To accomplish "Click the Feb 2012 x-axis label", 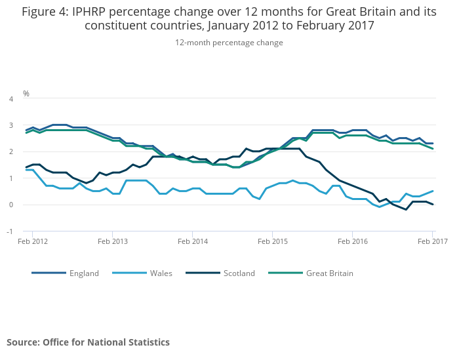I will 32,242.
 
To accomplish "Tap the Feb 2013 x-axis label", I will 112,242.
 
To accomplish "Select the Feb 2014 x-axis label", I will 192,242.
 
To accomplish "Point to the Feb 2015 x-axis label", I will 272,242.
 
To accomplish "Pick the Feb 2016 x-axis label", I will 352,242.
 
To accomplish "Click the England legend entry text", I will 85,273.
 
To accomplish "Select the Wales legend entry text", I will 161,273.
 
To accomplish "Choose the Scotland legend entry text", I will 238,273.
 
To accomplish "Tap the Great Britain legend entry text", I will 330,273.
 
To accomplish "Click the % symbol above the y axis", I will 26,94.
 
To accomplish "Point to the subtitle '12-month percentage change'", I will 229,43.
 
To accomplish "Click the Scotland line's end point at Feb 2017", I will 433,205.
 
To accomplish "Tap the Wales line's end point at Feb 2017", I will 433,191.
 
